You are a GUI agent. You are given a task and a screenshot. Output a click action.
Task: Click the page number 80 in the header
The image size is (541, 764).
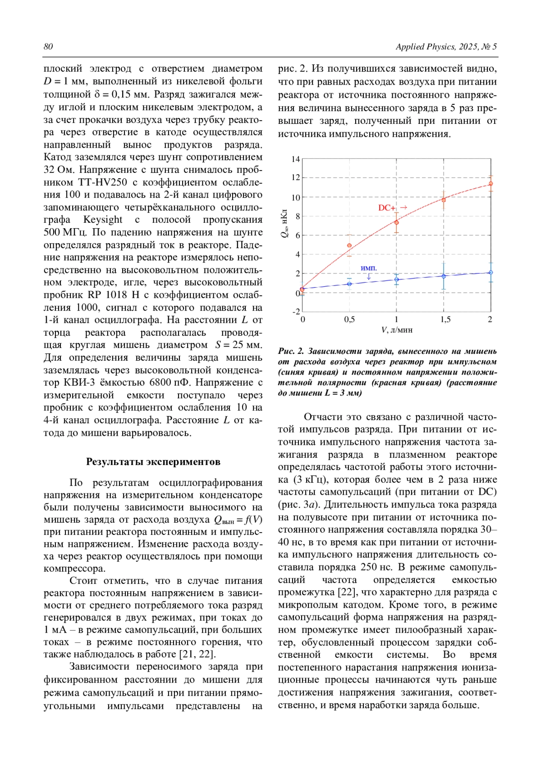pos(48,47)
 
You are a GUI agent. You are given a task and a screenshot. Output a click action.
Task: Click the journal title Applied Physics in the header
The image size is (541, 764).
pos(426,47)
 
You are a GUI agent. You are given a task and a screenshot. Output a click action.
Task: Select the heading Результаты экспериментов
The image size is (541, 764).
pos(153,461)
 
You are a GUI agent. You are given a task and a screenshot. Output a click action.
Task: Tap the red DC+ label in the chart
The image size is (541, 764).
pos(387,208)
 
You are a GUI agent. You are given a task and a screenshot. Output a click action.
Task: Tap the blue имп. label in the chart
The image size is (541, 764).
pos(369,268)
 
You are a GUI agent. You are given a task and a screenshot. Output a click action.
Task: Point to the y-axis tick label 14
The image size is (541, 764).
pos(295,159)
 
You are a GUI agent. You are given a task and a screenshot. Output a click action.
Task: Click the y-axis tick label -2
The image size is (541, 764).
pos(296,312)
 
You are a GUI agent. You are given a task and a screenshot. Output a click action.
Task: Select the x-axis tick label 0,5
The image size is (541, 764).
pos(349,320)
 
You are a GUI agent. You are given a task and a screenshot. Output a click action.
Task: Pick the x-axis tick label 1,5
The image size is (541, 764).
pos(445,320)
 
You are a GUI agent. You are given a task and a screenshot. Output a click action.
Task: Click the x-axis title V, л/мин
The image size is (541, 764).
pos(397,330)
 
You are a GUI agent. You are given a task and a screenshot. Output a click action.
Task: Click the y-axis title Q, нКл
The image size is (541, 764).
pos(284,223)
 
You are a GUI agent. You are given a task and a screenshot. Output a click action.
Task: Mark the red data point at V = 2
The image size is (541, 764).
pos(491,184)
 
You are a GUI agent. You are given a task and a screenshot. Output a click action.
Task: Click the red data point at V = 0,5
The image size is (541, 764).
pos(349,245)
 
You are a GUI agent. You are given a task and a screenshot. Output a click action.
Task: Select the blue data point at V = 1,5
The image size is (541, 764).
pos(444,276)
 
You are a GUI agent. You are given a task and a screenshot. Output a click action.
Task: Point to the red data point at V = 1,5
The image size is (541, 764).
pos(444,200)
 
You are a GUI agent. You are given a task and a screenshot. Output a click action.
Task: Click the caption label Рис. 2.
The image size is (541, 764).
pos(291,352)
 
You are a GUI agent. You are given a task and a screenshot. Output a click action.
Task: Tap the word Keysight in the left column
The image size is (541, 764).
pos(103,220)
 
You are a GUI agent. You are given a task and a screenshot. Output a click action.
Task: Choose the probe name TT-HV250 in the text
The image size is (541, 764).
pos(103,182)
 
